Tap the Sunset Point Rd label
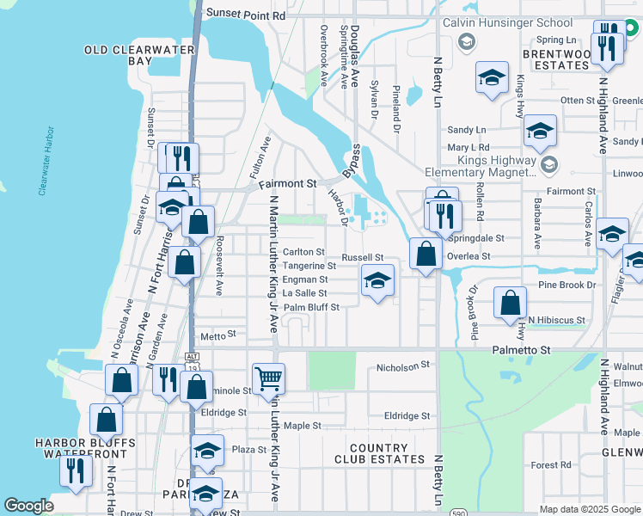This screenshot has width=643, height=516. [x=244, y=15]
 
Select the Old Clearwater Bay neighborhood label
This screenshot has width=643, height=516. [x=130, y=56]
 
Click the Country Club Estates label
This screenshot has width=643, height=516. [x=379, y=453]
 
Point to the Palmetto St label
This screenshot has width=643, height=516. [x=520, y=350]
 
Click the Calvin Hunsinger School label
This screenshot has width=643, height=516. [x=506, y=22]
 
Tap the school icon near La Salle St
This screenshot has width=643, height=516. [x=377, y=280]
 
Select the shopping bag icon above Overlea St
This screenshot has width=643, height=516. [x=426, y=254]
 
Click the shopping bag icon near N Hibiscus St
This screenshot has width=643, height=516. [x=511, y=303]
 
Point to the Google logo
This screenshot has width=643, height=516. [x=28, y=506]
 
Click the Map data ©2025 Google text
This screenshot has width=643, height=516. [x=589, y=509]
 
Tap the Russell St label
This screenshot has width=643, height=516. [x=362, y=257]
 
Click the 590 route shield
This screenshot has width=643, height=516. [x=459, y=512]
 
